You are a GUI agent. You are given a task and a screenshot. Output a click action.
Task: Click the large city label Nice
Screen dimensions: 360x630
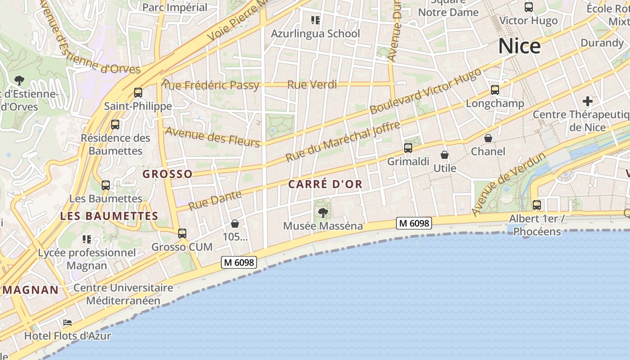point(519,46)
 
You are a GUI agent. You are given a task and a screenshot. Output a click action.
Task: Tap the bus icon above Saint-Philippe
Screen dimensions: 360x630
point(138,93)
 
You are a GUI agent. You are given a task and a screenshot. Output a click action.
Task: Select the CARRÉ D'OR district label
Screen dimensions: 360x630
point(325,184)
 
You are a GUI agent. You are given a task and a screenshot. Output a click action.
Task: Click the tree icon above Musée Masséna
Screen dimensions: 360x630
point(323,213)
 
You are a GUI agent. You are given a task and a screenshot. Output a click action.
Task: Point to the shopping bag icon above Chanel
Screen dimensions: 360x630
point(488,138)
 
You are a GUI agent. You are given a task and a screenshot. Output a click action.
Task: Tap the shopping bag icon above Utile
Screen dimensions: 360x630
point(445,155)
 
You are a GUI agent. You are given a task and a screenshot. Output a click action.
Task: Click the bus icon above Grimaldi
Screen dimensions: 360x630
point(408,148)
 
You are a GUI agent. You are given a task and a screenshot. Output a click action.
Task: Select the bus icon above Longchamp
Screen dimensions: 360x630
point(495,90)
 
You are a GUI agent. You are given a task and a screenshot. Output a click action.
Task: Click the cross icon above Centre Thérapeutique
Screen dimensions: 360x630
point(588,101)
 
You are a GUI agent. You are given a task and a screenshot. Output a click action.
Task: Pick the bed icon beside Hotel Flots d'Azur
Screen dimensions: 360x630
point(67,323)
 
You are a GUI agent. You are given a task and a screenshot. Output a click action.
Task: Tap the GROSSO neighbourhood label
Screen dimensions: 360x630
point(167,174)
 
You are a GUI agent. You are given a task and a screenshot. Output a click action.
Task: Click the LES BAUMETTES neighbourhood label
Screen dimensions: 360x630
point(109,216)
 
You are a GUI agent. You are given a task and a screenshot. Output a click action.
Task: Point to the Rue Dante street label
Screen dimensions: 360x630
point(215,201)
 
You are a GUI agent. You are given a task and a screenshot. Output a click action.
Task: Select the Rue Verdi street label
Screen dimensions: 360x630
point(312,85)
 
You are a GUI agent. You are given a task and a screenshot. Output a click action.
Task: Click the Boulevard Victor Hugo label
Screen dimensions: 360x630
point(425,92)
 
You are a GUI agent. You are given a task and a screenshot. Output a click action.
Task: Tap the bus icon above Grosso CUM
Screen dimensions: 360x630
point(182,234)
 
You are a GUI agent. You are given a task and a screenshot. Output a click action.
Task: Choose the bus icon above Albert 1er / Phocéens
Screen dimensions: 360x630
point(537,205)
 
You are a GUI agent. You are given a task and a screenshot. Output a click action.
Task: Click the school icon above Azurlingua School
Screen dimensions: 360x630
point(315,20)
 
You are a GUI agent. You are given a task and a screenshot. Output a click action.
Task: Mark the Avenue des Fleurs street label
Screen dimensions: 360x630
point(213,137)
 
